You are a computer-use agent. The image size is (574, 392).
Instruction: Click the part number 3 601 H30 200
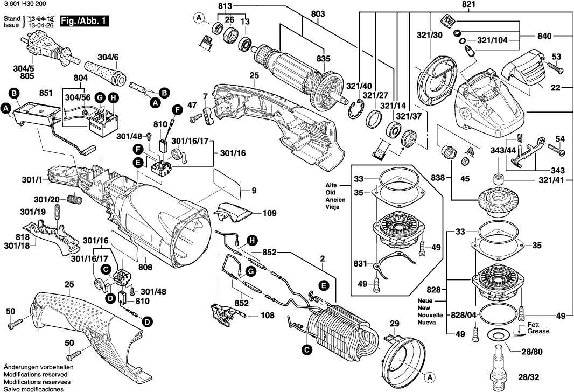point(25,4)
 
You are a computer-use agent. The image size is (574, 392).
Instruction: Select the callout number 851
point(46,93)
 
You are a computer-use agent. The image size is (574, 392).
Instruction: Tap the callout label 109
point(270,213)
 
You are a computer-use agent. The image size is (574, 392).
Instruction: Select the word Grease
point(538,331)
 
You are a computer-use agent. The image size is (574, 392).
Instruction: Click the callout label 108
point(268,316)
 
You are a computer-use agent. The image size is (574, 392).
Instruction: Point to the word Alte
point(331,185)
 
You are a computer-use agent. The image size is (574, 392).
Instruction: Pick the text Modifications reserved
point(35,374)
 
